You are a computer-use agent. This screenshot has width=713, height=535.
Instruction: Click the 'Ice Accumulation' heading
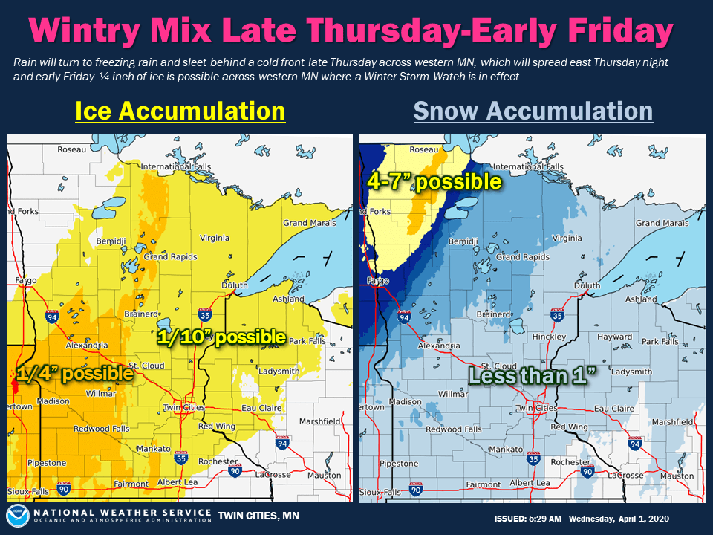[180, 111]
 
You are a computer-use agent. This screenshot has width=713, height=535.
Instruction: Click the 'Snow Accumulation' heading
[533, 111]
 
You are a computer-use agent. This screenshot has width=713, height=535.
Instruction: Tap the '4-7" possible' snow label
[434, 181]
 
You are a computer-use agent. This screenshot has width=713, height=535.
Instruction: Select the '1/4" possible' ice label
[74, 374]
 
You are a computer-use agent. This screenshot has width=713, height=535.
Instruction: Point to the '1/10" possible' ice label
[221, 337]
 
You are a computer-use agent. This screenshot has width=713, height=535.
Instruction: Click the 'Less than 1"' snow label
[533, 375]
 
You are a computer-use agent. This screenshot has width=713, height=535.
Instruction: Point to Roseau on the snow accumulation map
[423, 149]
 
